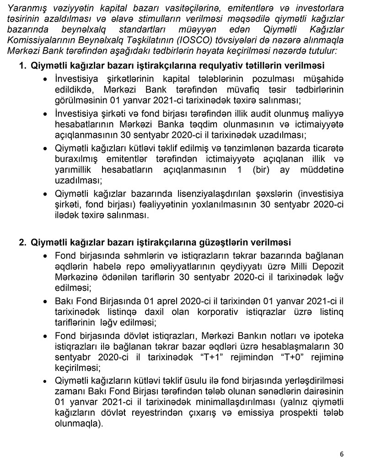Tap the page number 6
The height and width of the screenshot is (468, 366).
tap(342, 454)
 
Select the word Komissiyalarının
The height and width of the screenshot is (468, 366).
tap(36, 40)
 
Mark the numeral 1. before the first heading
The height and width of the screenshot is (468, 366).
tap(22, 65)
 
